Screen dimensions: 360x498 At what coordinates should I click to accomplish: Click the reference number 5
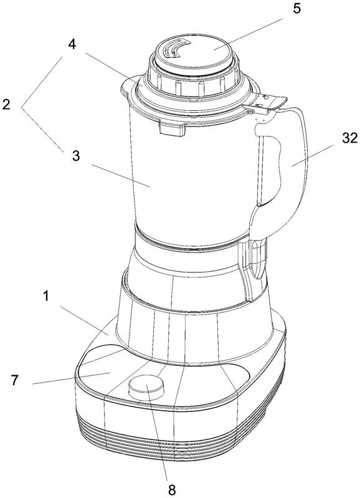pyautogui.click(x=296, y=9)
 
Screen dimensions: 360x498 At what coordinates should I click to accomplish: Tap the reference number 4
pyautogui.click(x=72, y=44)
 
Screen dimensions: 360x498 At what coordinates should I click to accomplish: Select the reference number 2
pyautogui.click(x=6, y=105)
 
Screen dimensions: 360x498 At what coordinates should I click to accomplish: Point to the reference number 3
pyautogui.click(x=75, y=156)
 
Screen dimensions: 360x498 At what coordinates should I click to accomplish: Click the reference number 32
pyautogui.click(x=350, y=138)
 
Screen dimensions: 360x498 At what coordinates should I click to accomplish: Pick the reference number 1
pyautogui.click(x=46, y=296)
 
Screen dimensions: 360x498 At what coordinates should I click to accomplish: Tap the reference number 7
pyautogui.click(x=14, y=380)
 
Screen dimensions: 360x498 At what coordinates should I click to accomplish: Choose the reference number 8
pyautogui.click(x=172, y=490)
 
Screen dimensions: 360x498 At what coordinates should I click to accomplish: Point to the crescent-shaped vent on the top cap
pyautogui.click(x=175, y=49)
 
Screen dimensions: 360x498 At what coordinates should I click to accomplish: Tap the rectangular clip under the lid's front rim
pyautogui.click(x=172, y=129)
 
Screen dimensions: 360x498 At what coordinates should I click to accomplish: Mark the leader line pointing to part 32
pyautogui.click(x=313, y=155)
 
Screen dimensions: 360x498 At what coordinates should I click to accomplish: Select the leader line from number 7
pyautogui.click(x=71, y=378)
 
